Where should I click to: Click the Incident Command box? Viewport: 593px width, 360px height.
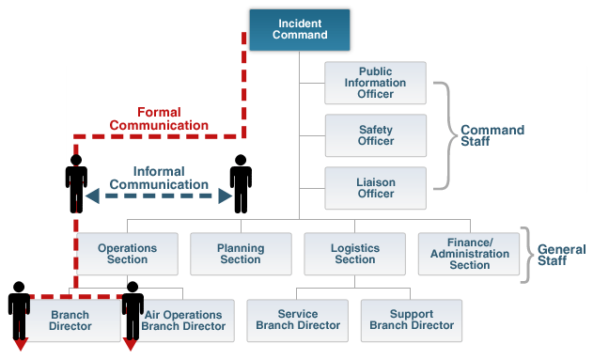coord(300,29)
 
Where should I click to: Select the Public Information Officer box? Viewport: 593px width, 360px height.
coord(375,83)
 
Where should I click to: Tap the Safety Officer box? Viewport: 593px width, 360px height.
coord(375,135)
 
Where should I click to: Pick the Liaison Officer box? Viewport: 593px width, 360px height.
coord(375,188)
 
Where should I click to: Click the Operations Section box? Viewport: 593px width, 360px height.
coord(127,254)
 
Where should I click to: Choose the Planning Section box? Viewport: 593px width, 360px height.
coord(241,254)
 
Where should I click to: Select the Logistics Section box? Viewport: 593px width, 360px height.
coord(354,254)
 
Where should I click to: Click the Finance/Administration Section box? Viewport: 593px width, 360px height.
coord(469,254)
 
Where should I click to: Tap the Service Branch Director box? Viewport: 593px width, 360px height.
coord(298,321)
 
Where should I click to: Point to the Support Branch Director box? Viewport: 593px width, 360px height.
coord(412,321)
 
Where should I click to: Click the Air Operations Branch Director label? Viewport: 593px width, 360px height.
coord(183,321)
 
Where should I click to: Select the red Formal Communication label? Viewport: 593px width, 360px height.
coord(159,118)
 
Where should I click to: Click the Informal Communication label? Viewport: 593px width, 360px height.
coord(159,178)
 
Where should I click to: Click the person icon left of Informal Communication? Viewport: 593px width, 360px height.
coord(76,183)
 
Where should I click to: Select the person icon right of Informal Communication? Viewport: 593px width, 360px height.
coord(241,183)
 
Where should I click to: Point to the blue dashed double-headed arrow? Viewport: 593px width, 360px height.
coord(159,196)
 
